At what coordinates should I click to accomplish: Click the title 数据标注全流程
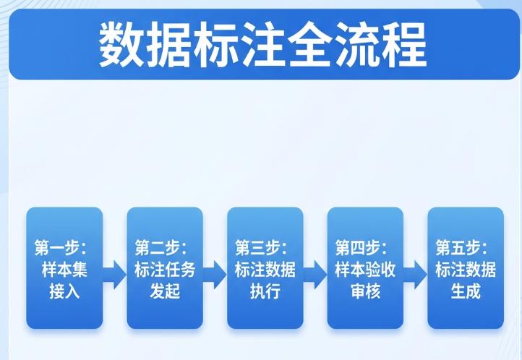[x=262, y=44]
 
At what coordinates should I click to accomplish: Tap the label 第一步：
[x=61, y=247]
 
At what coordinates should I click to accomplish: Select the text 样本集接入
[x=64, y=281]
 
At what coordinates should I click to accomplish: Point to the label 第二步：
[x=161, y=247]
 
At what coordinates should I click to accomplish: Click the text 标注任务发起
[x=165, y=281]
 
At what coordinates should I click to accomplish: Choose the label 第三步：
[x=262, y=247]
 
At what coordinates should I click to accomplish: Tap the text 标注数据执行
[x=265, y=281]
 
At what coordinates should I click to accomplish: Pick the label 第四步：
[x=362, y=247]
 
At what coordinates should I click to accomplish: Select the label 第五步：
[x=463, y=247]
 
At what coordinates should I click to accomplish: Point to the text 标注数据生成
[x=466, y=281]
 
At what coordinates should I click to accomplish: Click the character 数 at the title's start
[x=121, y=44]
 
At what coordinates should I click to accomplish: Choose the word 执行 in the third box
[x=265, y=292]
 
